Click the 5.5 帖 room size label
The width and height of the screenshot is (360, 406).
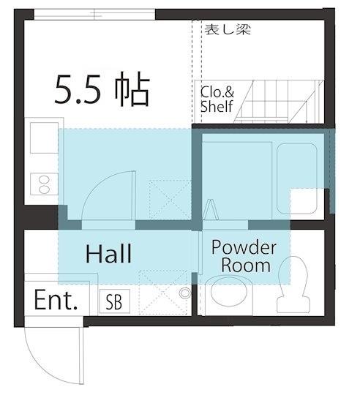pyautogui.click(x=102, y=91)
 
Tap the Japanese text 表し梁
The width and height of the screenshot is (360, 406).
pyautogui.click(x=228, y=30)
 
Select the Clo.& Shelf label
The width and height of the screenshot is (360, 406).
pyautogui.click(x=217, y=100)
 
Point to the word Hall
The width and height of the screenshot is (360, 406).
pyautogui.click(x=108, y=255)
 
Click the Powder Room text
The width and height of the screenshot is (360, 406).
pyautogui.click(x=244, y=255)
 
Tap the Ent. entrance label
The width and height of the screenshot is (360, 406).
pyautogui.click(x=56, y=301)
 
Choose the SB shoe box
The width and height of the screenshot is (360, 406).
pyautogui.click(x=113, y=301)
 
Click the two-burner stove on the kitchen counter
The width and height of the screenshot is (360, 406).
pyautogui.click(x=40, y=185)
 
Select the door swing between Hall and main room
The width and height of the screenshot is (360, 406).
pyautogui.click(x=106, y=194)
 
